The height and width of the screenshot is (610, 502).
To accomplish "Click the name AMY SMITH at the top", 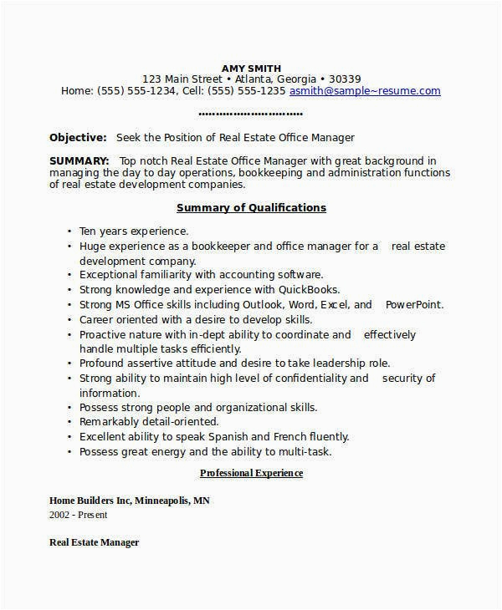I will click(x=251, y=68).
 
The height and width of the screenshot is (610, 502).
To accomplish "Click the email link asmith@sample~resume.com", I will click(x=365, y=90).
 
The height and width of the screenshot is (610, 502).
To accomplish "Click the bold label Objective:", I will click(x=78, y=137).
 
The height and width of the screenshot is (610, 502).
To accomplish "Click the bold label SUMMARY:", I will click(x=79, y=160).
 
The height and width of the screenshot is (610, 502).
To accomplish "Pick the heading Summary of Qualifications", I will click(x=251, y=207).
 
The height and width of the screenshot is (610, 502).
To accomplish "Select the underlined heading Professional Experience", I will click(x=251, y=473).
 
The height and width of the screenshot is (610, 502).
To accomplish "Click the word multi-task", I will click(x=306, y=451).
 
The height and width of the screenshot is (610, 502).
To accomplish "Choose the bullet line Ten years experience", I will click(x=134, y=230).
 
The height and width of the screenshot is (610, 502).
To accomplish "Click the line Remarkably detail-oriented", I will click(x=149, y=421).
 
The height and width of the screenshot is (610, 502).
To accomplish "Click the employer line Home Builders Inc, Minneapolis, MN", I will click(x=130, y=501).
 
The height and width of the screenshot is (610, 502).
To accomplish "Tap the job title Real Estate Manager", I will click(x=94, y=542).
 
